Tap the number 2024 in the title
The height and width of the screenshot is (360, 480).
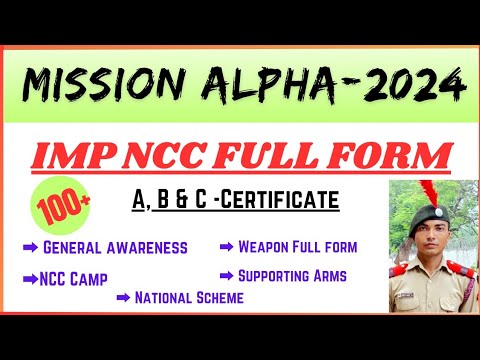[x=412, y=87]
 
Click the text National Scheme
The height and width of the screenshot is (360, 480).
[x=190, y=296]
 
